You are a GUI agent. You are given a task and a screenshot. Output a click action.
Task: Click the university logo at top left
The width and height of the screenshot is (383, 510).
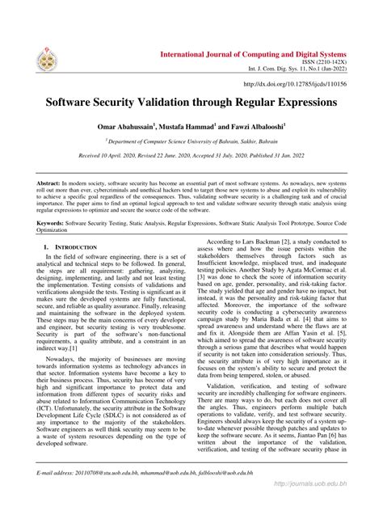pyautogui.click(x=48, y=58)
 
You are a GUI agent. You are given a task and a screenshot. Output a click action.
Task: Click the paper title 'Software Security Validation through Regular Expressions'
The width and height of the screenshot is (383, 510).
pyautogui.click(x=191, y=104)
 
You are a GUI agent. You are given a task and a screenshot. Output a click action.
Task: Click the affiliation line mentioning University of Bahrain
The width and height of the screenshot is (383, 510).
pyautogui.click(x=191, y=140)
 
